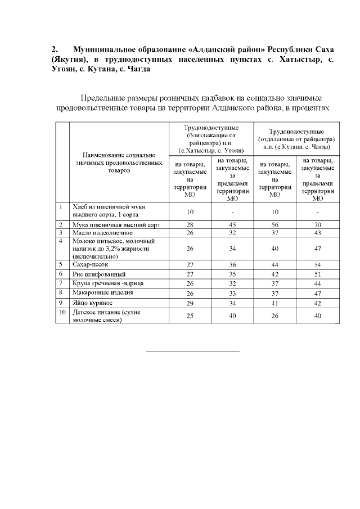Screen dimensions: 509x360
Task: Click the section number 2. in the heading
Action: point(55,49)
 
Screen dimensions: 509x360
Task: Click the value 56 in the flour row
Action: point(274,224)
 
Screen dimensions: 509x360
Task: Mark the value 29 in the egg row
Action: point(190,303)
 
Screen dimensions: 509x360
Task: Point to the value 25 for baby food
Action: point(190,316)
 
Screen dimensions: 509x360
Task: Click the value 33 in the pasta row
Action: point(232,293)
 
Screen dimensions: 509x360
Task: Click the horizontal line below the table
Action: point(193,352)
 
